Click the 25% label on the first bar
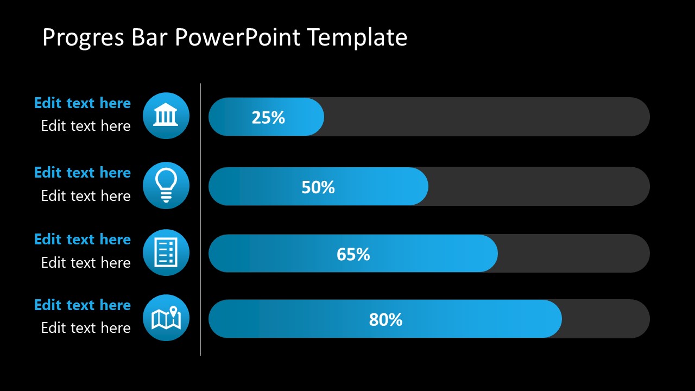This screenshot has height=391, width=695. click(x=268, y=117)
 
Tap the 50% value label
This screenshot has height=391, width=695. click(x=318, y=187)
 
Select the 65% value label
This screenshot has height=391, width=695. click(x=353, y=254)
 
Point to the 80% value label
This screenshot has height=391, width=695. click(x=386, y=320)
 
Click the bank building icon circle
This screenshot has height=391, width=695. click(x=166, y=116)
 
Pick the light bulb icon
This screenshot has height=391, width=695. click(x=166, y=185)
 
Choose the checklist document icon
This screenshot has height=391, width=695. click(x=166, y=253)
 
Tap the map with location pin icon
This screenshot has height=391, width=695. click(x=166, y=318)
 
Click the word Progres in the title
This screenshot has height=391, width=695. click(x=83, y=38)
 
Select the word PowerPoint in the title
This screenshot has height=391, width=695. click(x=237, y=38)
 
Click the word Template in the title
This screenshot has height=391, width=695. click(x=357, y=38)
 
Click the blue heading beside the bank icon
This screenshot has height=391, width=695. click(x=83, y=103)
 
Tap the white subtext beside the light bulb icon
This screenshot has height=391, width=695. click(x=86, y=196)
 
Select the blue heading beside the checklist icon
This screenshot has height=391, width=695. click(x=83, y=239)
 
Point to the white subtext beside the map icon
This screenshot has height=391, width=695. click(x=86, y=328)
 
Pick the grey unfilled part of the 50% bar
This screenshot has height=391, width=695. click(x=538, y=186)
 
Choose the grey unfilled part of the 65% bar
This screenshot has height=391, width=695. click(x=573, y=253)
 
